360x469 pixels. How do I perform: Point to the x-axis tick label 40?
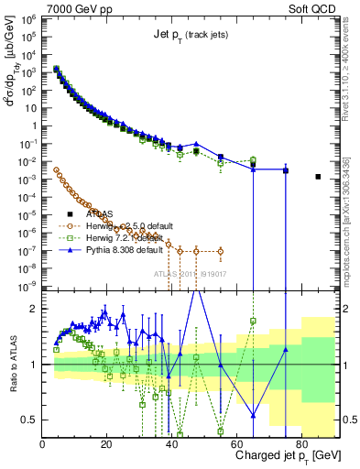tap(171, 442)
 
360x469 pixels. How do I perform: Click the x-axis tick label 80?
tap(300, 442)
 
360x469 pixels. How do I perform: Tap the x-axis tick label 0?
tap(43, 442)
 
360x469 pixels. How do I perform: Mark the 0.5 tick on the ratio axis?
tap(31, 420)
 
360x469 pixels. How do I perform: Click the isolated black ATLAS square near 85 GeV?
tap(318, 177)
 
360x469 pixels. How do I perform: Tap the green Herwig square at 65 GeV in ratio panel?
tap(253, 321)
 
